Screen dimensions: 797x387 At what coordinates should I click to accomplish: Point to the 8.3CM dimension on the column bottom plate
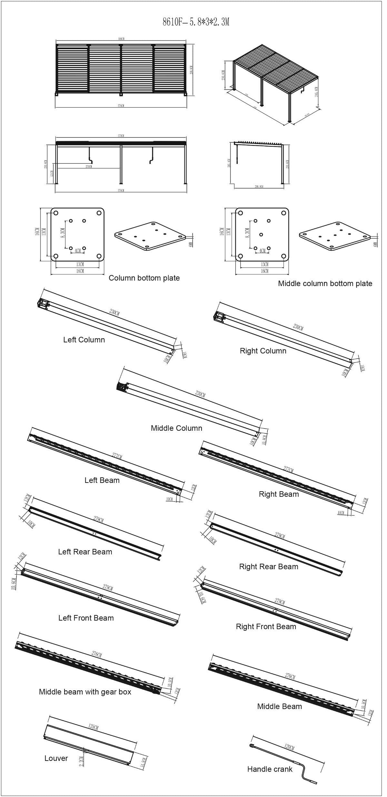[x=63, y=234]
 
